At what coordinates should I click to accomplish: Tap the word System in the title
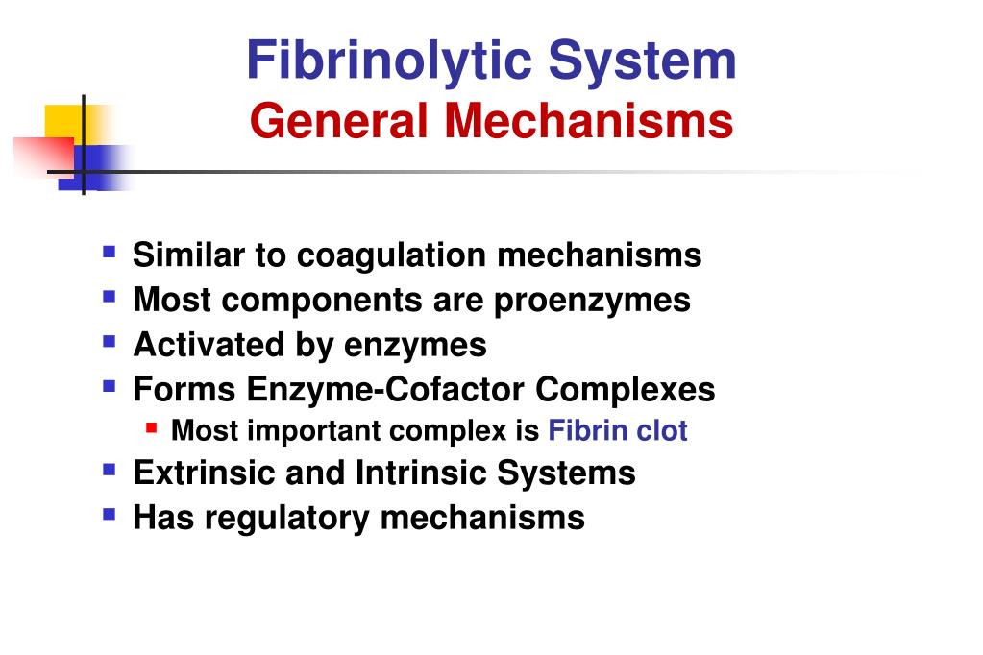643,61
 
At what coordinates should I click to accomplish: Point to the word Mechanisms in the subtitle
584,122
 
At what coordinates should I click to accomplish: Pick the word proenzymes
592,301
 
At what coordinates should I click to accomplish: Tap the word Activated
195,344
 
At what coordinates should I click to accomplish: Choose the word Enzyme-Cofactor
385,390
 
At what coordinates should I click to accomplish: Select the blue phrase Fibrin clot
618,431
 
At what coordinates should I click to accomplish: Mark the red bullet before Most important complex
152,427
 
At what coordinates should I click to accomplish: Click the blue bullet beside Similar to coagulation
110,253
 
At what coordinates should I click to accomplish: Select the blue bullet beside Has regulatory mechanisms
110,514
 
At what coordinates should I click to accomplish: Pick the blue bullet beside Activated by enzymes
110,340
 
